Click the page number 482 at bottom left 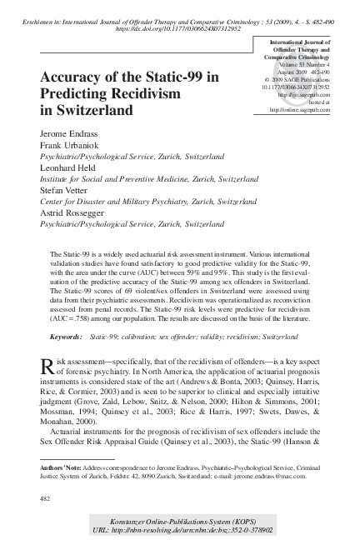46,498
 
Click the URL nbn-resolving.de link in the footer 194,528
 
